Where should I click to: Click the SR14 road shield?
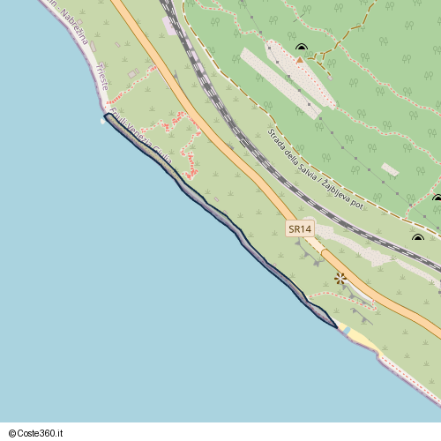(x=300, y=228)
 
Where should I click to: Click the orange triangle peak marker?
(x=300, y=61)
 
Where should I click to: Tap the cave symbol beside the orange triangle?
(x=302, y=49)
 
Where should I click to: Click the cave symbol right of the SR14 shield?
(x=418, y=238)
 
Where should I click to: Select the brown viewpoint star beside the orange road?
(x=340, y=279)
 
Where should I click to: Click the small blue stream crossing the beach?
(x=345, y=330)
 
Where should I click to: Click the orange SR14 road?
(x=220, y=141)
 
